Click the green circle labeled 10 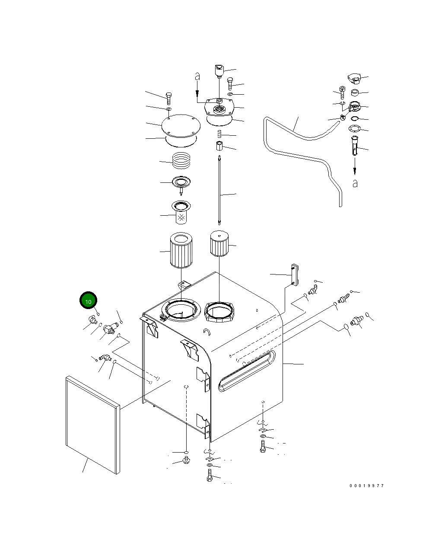pos(88,301)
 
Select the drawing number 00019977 pos(366,486)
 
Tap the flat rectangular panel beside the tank pos(92,424)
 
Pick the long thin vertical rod pos(220,190)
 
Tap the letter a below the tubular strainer pos(355,184)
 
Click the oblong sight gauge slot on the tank pos(247,371)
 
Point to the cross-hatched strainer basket pos(181,214)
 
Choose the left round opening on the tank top pos(181,310)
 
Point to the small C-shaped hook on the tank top pos(207,332)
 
